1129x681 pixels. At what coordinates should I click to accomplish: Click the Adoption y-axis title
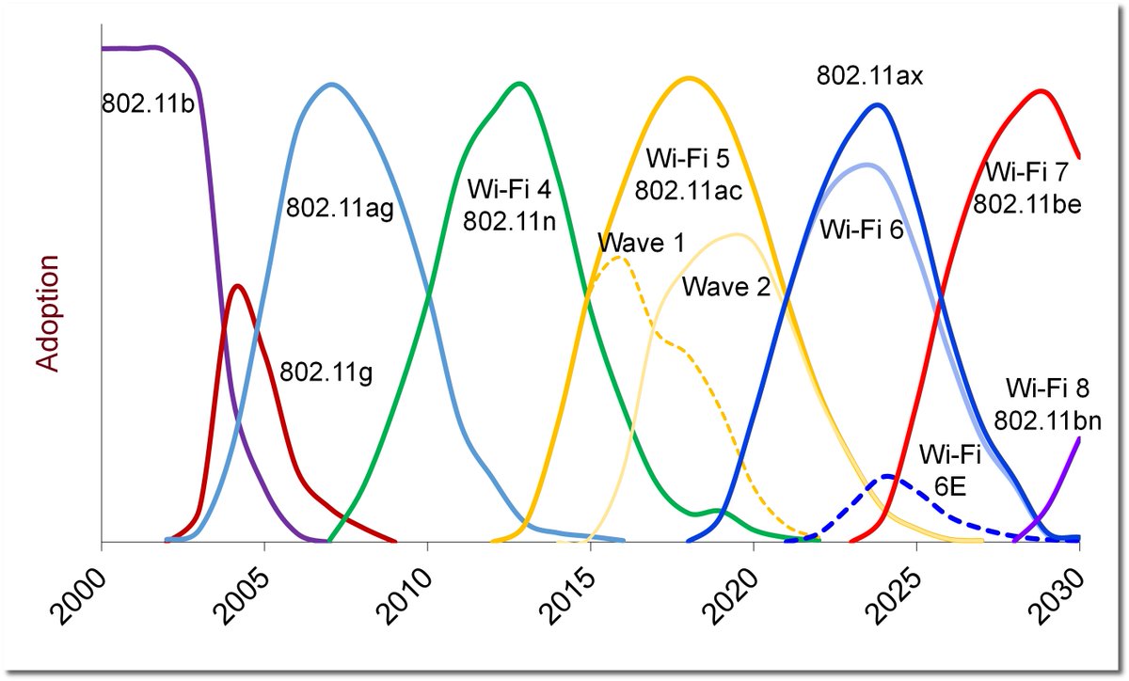(48, 312)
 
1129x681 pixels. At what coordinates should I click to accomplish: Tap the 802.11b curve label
(148, 103)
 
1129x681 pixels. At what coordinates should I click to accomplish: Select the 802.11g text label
(326, 372)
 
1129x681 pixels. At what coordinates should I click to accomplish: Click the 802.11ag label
(340, 207)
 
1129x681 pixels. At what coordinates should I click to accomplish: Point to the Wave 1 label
(641, 244)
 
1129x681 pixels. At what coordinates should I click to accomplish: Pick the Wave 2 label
(726, 286)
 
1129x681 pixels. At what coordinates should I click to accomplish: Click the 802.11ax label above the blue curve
(870, 76)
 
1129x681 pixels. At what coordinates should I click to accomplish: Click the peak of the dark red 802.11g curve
(236, 286)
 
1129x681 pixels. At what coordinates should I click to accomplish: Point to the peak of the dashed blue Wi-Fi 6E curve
(887, 477)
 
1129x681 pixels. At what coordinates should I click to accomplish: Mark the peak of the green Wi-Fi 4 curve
(518, 84)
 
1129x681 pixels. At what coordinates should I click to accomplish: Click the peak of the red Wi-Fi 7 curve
(1040, 91)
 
